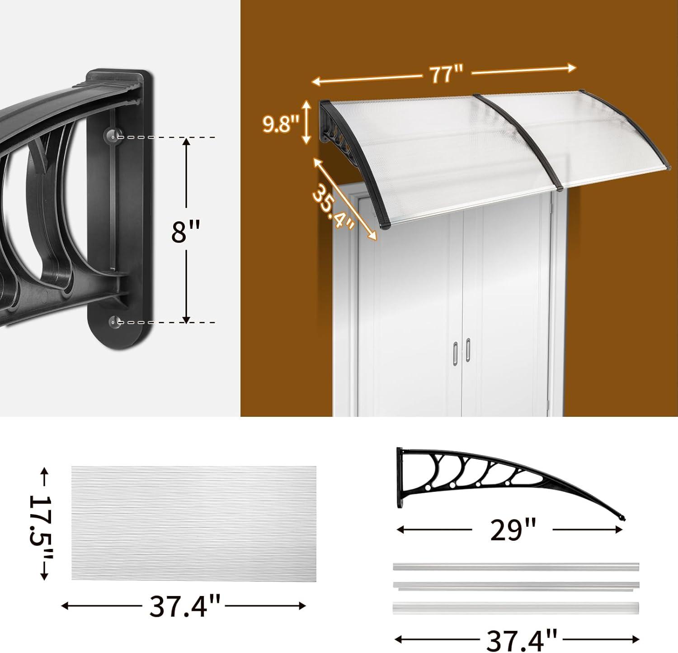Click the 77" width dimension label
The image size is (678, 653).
pos(447,73)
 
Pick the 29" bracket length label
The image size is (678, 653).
pos(513,530)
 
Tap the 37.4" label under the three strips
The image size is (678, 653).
pos(522,639)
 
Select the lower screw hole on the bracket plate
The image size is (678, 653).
pos(113,322)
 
